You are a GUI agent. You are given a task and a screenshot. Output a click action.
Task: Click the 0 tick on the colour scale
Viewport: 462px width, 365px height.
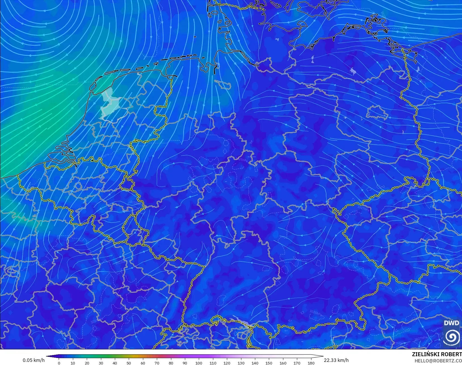click(59, 363)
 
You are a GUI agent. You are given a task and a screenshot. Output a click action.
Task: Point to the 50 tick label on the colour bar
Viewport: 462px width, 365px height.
click(129, 363)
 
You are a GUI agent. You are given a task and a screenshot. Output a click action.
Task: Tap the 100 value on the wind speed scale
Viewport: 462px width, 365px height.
click(199, 363)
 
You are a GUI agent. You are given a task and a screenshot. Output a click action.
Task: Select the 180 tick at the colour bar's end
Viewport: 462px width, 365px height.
click(311, 363)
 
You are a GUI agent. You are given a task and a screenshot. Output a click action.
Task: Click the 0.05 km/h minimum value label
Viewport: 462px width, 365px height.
click(33, 360)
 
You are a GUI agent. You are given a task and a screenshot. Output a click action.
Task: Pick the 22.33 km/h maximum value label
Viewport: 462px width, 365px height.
click(336, 360)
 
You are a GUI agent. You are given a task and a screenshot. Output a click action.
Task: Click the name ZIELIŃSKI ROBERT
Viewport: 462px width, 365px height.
click(437, 355)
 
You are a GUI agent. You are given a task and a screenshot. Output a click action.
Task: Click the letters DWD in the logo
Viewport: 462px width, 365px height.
click(451, 323)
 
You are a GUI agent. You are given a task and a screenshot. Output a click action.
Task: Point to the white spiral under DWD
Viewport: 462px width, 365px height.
click(452, 336)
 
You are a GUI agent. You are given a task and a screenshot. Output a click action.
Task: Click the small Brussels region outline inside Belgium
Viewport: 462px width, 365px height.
click(78, 186)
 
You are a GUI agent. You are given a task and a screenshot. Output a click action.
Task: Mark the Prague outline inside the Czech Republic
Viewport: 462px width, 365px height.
click(410, 219)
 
